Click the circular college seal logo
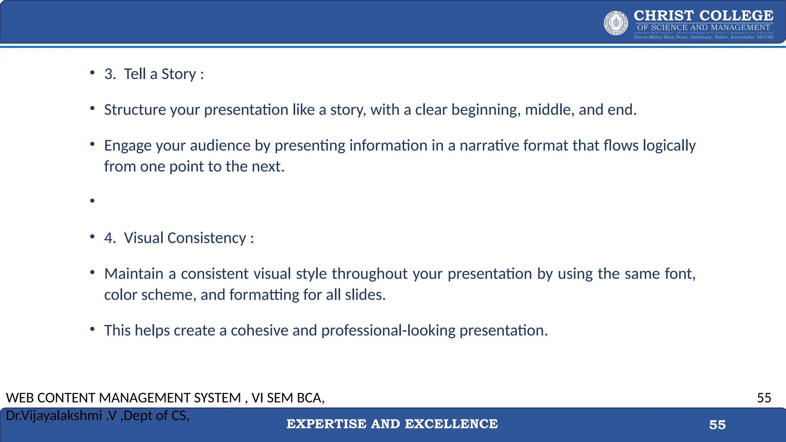pyautogui.click(x=616, y=23)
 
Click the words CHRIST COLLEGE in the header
pyautogui.click(x=703, y=15)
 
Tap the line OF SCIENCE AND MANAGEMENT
pyautogui.click(x=703, y=27)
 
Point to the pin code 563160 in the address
pyautogui.click(x=765, y=37)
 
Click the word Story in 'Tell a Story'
pyautogui.click(x=178, y=74)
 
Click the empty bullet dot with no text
pyautogui.click(x=92, y=201)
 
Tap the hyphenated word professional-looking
pyautogui.click(x=388, y=330)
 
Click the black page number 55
pyautogui.click(x=764, y=398)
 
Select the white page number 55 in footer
pyautogui.click(x=717, y=425)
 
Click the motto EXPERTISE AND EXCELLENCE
pyautogui.click(x=392, y=424)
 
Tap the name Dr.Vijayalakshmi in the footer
pyautogui.click(x=54, y=416)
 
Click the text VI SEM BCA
pyautogui.click(x=288, y=398)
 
